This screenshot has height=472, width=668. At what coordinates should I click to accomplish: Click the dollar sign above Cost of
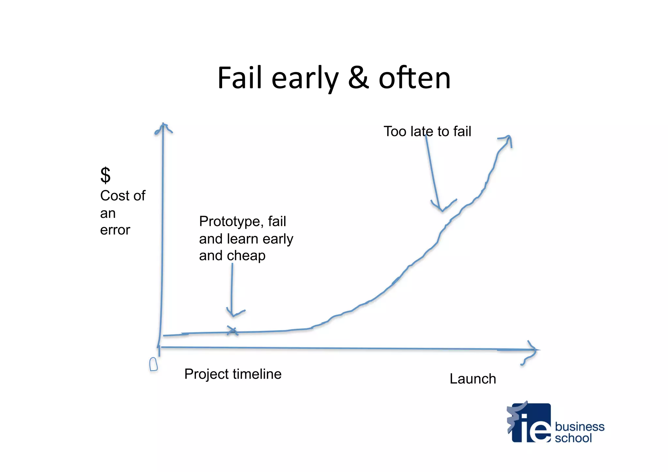tap(105, 175)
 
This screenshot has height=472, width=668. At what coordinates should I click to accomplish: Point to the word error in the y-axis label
tap(115, 230)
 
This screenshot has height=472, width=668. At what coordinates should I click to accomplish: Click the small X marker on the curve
tap(232, 331)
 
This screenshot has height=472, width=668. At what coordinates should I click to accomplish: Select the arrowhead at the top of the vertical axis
tap(163, 128)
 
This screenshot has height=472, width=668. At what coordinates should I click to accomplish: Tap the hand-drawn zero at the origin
tap(153, 364)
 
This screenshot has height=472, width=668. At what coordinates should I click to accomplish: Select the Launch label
tap(473, 379)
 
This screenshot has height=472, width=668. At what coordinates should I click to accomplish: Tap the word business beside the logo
tap(580, 427)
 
